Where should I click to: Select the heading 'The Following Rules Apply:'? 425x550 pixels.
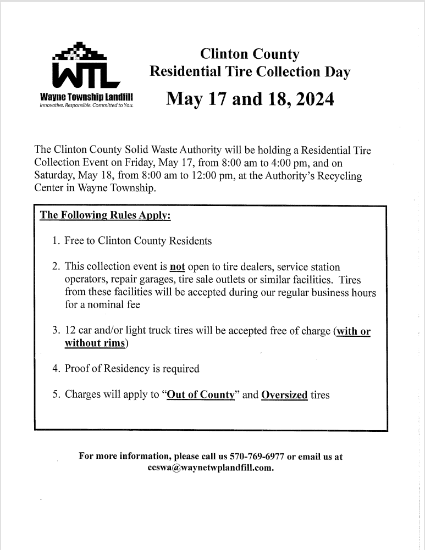[106, 215]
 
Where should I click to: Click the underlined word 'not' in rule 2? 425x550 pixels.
[177, 267]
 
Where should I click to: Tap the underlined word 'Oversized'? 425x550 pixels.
[284, 395]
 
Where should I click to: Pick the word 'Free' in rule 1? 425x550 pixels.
[74, 241]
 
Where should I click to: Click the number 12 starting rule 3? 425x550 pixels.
[70, 331]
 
